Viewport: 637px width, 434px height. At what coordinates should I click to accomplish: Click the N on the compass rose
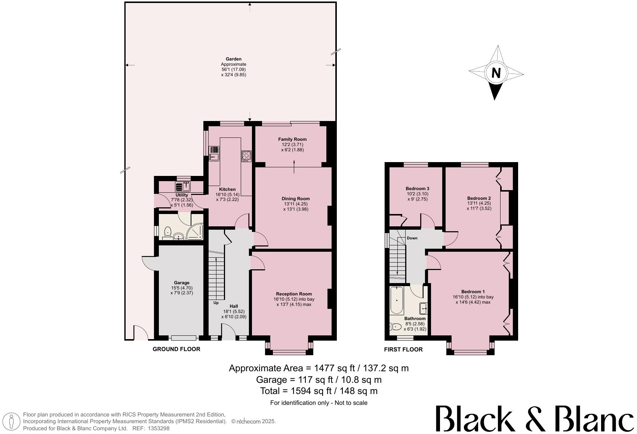click(x=496, y=73)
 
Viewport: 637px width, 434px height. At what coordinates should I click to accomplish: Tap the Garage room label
click(x=182, y=283)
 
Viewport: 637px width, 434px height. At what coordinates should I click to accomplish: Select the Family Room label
click(x=292, y=139)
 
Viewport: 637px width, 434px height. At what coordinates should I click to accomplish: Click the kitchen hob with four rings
click(x=247, y=155)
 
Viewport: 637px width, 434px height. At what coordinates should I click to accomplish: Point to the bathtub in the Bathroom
click(x=396, y=301)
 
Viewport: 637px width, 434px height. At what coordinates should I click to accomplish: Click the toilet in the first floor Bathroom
click(x=396, y=327)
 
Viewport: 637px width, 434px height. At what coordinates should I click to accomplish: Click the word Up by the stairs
click(x=216, y=303)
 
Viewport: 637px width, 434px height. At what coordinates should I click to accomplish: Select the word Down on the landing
click(x=412, y=238)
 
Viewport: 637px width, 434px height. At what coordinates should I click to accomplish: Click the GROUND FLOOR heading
click(x=176, y=349)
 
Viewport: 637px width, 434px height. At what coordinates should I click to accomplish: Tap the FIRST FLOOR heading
click(x=403, y=350)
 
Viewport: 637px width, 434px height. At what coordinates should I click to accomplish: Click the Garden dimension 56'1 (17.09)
click(x=233, y=69)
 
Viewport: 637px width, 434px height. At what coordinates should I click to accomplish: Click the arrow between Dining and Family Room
click(x=294, y=167)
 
